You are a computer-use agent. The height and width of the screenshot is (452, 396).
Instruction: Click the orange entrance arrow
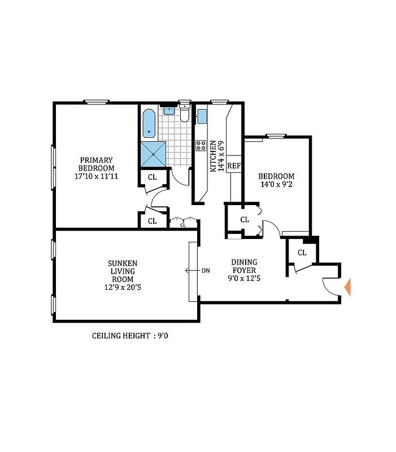[x=347, y=287]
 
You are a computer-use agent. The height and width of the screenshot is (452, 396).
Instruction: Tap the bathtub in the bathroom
[x=149, y=124]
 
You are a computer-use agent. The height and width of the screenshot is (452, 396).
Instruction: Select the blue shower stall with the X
[x=153, y=154]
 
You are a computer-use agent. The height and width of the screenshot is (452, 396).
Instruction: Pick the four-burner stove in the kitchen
[x=201, y=146]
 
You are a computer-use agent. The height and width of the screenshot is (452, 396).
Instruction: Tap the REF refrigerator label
[x=233, y=167]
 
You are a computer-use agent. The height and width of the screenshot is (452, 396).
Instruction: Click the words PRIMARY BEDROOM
[x=96, y=164]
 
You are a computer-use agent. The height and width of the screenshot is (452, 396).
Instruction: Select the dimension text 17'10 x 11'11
[x=96, y=176]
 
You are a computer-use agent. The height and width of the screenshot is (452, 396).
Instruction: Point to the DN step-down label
[x=206, y=271]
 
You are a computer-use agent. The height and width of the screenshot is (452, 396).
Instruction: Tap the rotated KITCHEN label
[x=213, y=157]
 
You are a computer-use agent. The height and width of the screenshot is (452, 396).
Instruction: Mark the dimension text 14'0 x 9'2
[x=276, y=184]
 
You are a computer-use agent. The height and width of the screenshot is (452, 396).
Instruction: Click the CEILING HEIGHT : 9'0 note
[x=130, y=336]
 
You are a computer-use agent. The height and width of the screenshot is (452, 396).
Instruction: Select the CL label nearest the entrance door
[x=302, y=253]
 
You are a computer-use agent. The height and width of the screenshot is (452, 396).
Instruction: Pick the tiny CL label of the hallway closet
[x=182, y=225]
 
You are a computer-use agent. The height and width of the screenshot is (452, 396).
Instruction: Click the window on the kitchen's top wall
[x=219, y=102]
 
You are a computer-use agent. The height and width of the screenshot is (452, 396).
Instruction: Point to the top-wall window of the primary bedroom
[x=97, y=102]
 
